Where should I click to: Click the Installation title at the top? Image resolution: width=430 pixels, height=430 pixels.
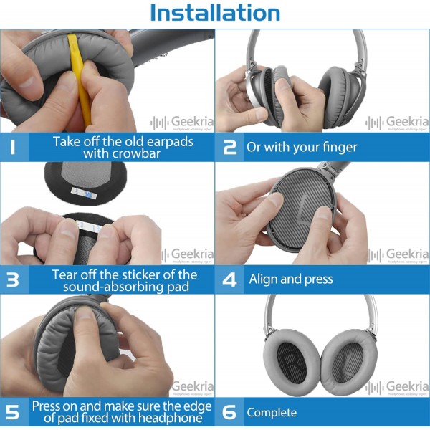pos(215,13)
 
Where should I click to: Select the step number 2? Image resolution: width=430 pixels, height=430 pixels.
pos(229,148)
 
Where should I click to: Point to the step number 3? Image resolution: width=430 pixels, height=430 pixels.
pos(14,280)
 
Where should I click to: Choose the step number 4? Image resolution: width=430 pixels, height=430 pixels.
pos(229,280)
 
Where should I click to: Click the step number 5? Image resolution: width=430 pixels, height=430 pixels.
pos(14,412)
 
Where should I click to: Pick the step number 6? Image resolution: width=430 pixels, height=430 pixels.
pos(229,413)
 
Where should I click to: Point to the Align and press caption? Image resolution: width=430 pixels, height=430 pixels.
pos(290,279)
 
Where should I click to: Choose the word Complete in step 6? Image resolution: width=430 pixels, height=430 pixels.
pos(272,413)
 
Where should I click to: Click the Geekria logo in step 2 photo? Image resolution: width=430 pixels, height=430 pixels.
pos(398,122)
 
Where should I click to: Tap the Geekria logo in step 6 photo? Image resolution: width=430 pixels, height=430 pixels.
pos(398,387)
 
